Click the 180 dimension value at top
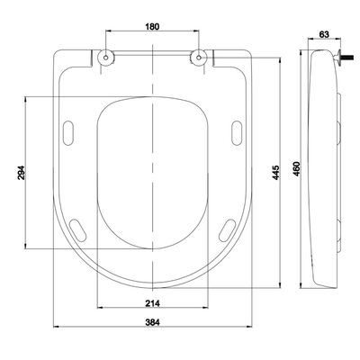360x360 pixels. [x=152, y=26]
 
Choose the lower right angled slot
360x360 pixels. [x=225, y=229]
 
